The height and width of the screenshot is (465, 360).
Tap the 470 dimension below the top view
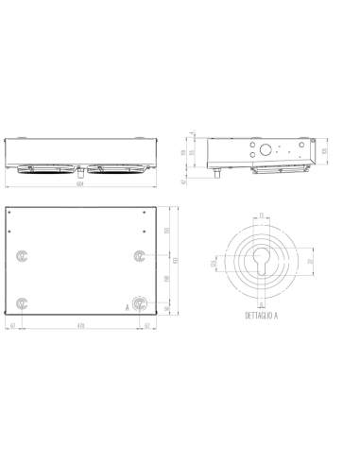[81, 324]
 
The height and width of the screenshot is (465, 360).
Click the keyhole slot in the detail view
[260, 264]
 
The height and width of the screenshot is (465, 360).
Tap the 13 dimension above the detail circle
[261, 215]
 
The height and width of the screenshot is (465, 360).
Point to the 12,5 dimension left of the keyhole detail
[214, 262]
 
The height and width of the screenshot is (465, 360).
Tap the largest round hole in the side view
[267, 148]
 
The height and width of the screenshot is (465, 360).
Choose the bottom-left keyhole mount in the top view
[23, 302]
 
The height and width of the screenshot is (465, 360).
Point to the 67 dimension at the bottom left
[12, 324]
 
